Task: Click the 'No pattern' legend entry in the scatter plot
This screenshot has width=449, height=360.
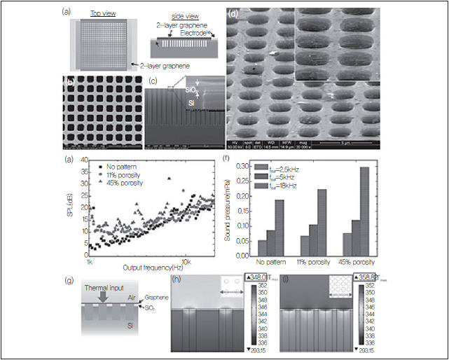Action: (124, 167)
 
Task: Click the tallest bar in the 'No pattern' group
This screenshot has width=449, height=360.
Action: (280, 230)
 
